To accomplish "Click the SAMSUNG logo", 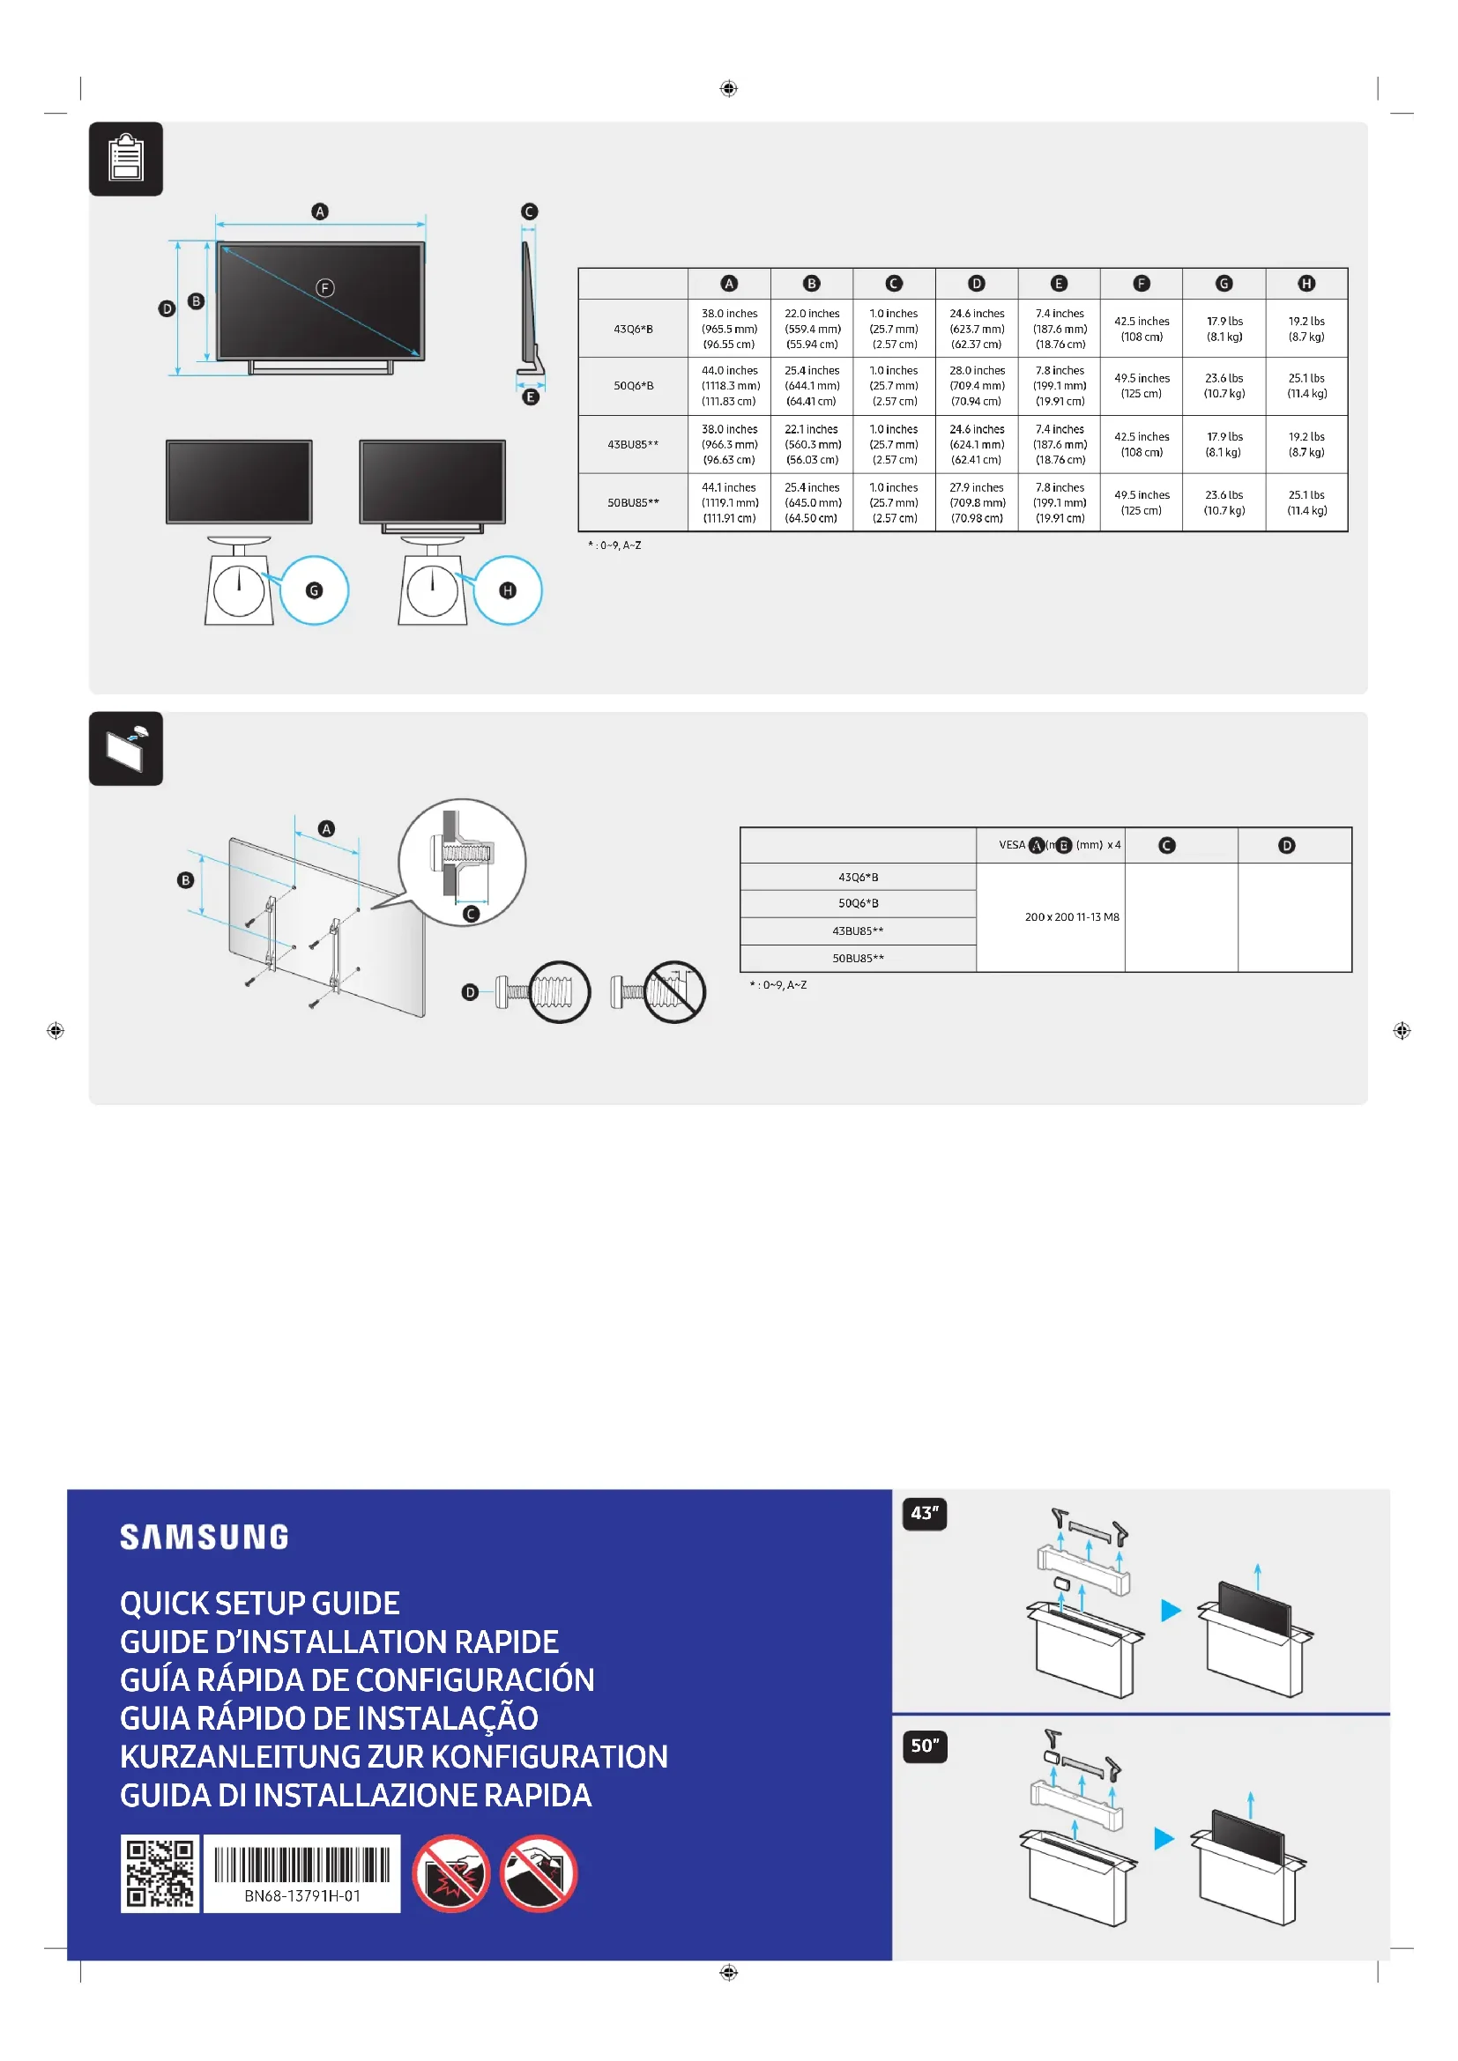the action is pos(205,1537).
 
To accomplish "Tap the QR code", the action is pos(160,1873).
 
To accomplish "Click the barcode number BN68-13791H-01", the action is pos(301,1896).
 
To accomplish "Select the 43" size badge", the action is pos(924,1514).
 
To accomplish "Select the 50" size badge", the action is pos(924,1746).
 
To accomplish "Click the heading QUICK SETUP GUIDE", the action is pos(259,1603).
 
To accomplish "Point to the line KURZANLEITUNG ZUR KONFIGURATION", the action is pos(393,1757).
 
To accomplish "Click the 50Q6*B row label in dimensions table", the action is pos(633,386).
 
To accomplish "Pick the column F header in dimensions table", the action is pos(1141,284).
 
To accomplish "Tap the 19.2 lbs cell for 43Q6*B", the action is pos(1306,329).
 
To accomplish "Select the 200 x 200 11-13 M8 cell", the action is pos(1072,916).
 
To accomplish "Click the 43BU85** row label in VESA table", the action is pos(858,930).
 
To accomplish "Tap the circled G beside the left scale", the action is pos(313,590).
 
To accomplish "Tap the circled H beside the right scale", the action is pos(508,590).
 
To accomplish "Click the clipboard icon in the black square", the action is pos(126,159).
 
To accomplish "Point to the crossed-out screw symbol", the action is pos(674,992).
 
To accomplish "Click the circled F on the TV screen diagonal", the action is pos(325,288).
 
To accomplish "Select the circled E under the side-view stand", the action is pos(531,397).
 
